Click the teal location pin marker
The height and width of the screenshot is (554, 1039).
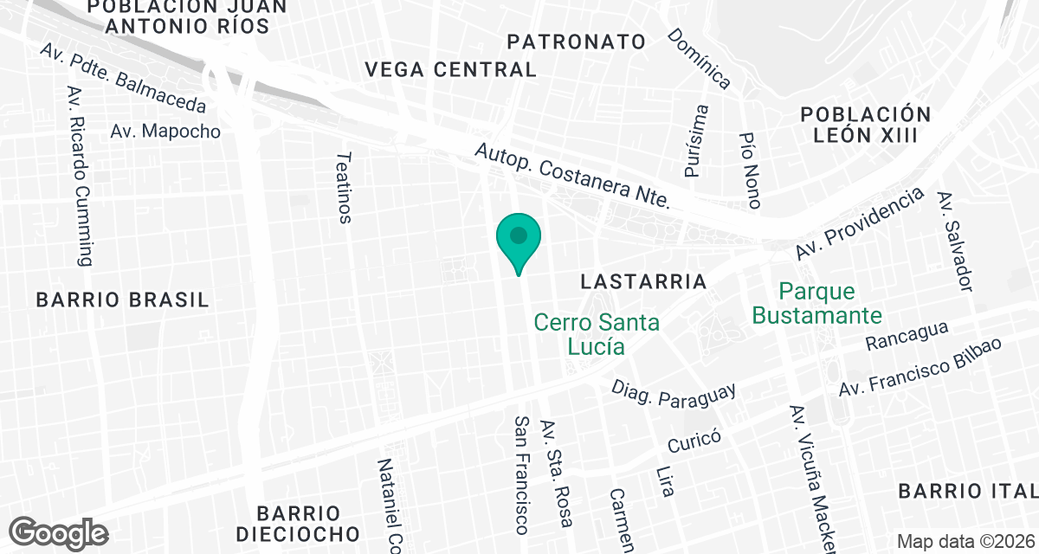coord(519,239)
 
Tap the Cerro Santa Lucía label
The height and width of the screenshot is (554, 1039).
coord(597,334)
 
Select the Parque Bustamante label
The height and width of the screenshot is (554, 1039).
coord(816,303)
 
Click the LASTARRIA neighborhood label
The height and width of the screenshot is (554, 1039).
coord(644,281)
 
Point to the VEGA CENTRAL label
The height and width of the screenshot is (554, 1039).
coord(450,69)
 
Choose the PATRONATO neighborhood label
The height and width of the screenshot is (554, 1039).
coord(577,42)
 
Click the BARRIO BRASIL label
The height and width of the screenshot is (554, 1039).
coord(123,300)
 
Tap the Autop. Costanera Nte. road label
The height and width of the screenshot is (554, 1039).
coord(572,176)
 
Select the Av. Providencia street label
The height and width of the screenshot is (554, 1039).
coord(859,222)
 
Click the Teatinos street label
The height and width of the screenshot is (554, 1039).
coord(345,188)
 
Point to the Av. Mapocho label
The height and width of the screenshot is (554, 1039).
coord(165,132)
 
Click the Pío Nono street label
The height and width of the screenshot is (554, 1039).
coord(750,171)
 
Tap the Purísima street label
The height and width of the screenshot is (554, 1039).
coord(696,141)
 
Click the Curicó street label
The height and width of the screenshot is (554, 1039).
coord(694,441)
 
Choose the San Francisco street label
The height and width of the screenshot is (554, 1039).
coord(521,473)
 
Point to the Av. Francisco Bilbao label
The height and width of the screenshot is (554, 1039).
coord(920,367)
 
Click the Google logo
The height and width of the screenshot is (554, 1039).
coord(59,531)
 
